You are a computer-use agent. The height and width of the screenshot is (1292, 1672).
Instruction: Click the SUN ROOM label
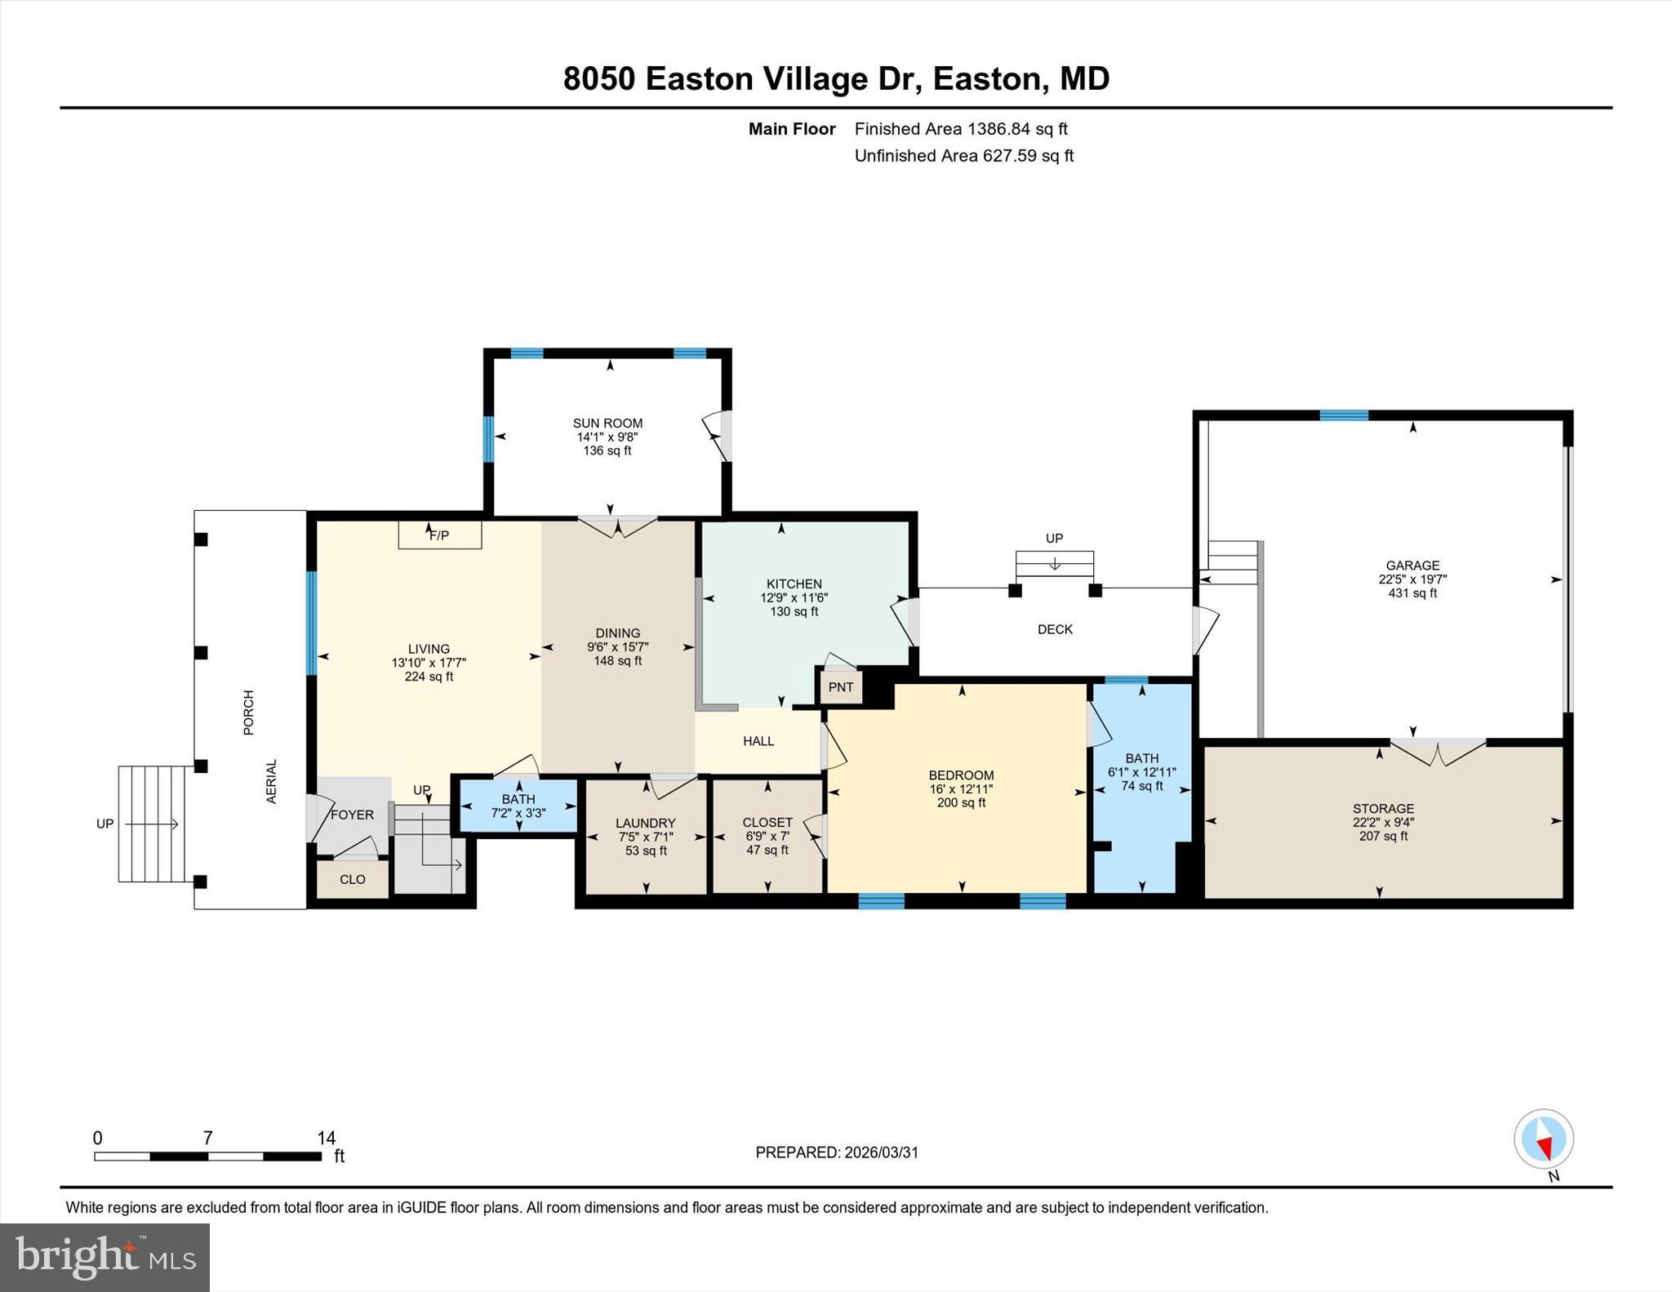coord(607,423)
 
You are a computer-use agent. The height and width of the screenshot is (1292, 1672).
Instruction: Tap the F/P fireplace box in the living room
coord(439,535)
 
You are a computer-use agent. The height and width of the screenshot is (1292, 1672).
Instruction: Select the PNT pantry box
coord(840,687)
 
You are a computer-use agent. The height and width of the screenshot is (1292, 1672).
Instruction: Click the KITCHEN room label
coord(794,584)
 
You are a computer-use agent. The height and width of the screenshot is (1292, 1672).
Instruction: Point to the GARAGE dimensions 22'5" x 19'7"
coord(1412,579)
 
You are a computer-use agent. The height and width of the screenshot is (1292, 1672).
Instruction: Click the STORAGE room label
coord(1383,809)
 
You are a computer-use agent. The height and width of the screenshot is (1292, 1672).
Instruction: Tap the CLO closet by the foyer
coord(352,880)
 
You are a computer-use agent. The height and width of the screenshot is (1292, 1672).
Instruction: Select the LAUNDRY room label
coord(645,824)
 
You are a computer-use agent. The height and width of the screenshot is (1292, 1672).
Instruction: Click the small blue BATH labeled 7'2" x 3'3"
coord(518,806)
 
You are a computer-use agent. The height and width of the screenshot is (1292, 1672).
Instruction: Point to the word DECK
coord(1055,629)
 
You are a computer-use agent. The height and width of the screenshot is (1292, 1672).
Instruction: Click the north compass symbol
coord(1543,1139)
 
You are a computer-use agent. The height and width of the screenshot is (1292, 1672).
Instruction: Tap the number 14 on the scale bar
coord(327,1138)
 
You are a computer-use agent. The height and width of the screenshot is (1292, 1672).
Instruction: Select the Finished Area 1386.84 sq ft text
coord(961,129)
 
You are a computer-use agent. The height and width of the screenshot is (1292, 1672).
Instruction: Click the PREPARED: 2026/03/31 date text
coord(837,1152)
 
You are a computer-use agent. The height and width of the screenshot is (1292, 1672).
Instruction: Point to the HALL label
coord(758,741)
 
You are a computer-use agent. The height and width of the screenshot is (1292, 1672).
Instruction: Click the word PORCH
coord(249,713)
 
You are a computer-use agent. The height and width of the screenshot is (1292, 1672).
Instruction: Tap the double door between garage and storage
coord(1438,751)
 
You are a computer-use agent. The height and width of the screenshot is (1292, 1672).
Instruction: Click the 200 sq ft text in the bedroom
coord(961,802)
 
